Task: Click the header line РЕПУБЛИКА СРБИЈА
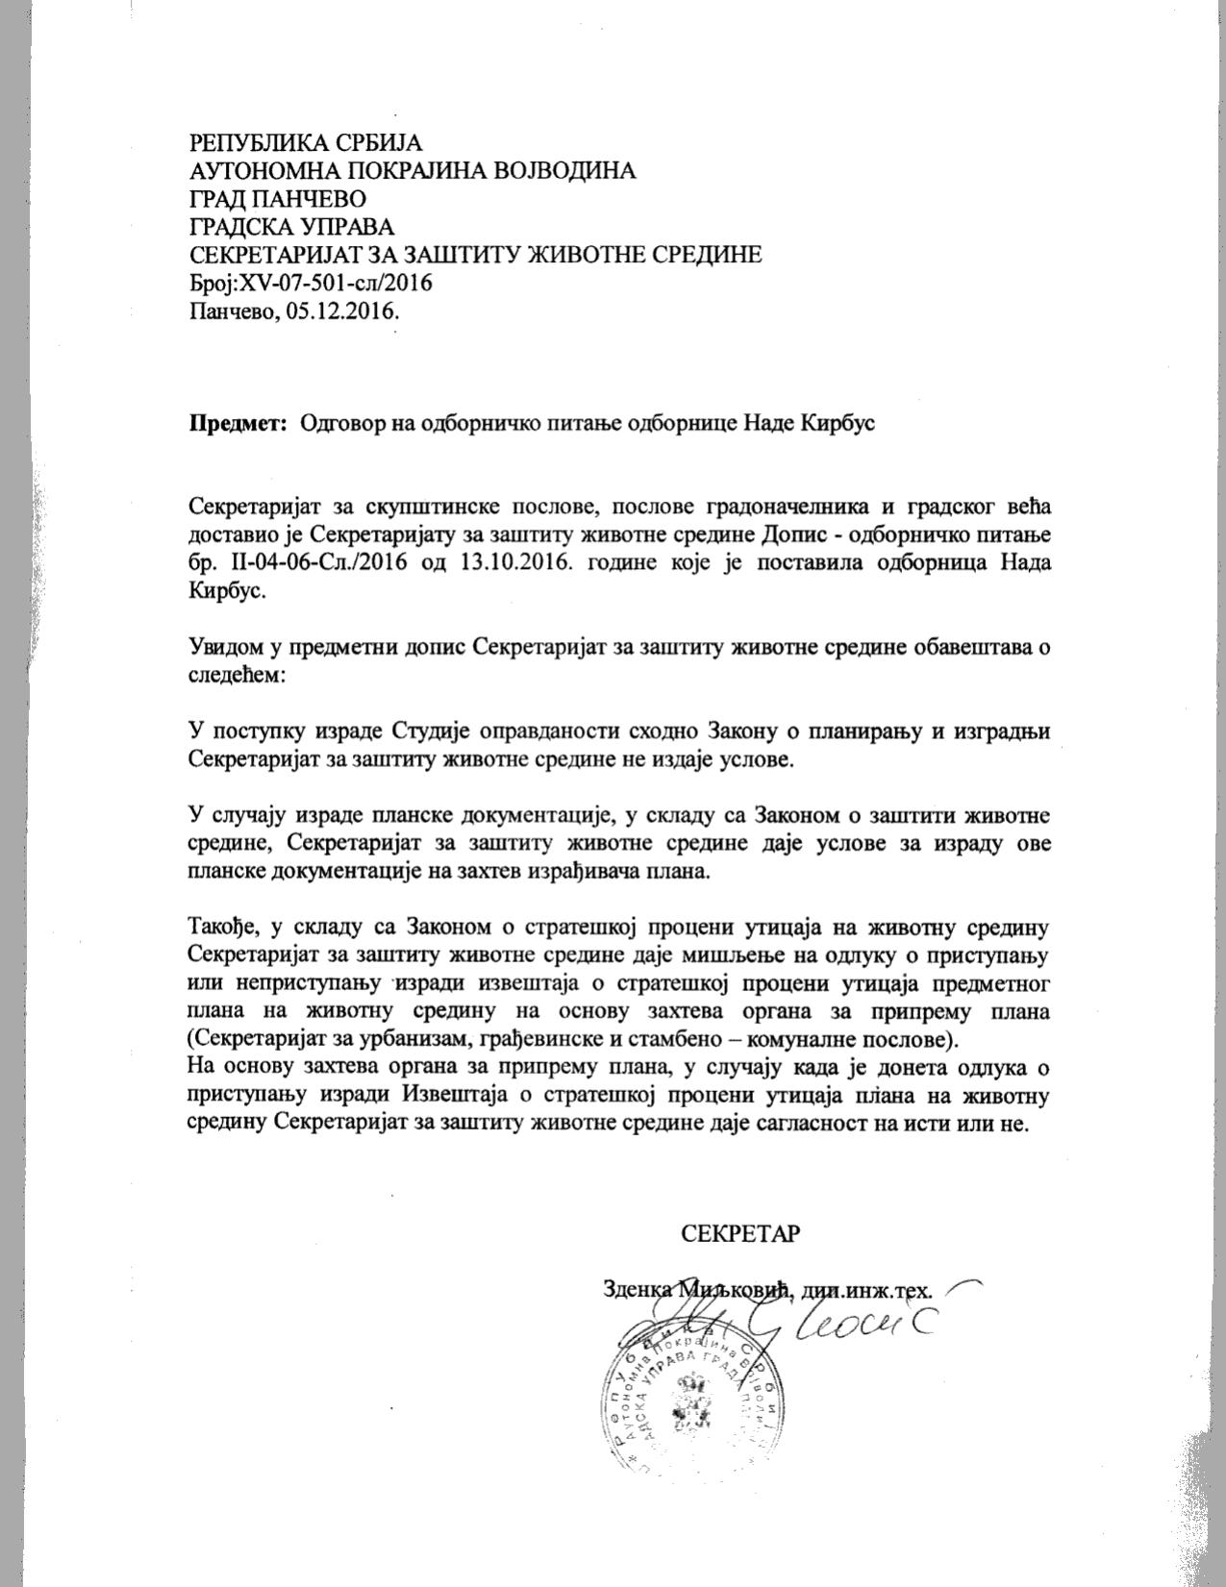coord(306,143)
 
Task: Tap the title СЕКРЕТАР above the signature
coord(740,1233)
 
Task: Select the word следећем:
coord(237,675)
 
